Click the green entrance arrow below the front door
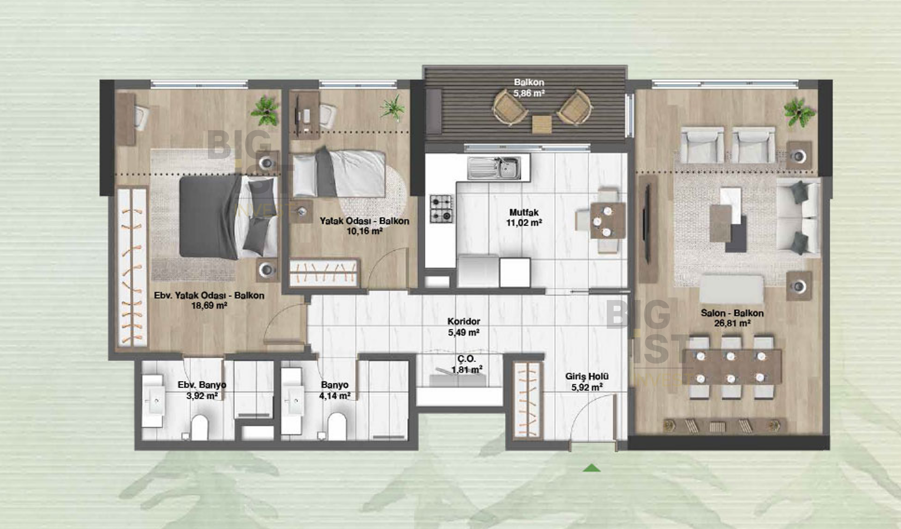click(592, 468)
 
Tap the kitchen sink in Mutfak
click(494, 168)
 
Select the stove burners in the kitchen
click(441, 209)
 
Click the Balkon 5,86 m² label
click(529, 87)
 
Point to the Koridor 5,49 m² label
click(464, 327)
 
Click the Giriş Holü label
click(587, 376)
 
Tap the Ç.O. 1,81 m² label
click(467, 364)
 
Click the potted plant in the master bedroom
click(264, 110)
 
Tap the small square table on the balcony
click(542, 124)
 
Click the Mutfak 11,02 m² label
click(524, 218)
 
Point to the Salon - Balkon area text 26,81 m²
click(732, 323)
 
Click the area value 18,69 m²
click(209, 305)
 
